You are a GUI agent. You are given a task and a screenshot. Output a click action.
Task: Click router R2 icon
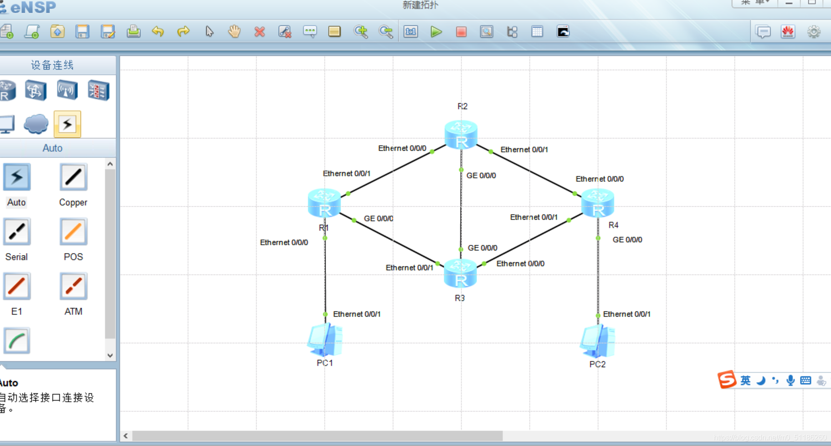461,135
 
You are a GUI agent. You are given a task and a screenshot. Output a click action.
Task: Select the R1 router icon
324,203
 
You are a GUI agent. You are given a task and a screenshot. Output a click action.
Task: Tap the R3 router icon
460,274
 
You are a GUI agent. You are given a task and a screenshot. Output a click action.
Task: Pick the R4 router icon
597,203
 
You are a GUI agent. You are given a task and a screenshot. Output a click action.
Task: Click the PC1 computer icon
325,340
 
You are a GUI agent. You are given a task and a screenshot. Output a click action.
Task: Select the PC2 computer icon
597,341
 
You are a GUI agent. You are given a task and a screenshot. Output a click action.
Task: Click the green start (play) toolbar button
436,32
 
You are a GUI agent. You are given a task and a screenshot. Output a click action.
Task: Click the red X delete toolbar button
260,32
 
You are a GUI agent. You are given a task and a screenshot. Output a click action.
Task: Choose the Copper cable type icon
73,177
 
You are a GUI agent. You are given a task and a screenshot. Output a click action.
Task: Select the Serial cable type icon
17,232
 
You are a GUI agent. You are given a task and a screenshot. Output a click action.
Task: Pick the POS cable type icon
73,232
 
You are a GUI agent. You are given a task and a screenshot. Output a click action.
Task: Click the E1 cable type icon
17,287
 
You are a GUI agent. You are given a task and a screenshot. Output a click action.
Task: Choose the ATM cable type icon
73,287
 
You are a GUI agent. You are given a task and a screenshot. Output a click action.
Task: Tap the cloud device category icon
36,124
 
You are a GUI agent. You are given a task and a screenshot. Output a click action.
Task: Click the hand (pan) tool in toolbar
234,32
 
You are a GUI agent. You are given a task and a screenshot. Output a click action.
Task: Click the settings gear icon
814,32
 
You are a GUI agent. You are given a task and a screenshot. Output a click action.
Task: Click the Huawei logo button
788,32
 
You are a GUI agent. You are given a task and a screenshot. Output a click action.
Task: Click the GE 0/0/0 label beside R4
627,240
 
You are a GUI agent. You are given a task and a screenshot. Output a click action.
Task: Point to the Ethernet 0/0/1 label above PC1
356,314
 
